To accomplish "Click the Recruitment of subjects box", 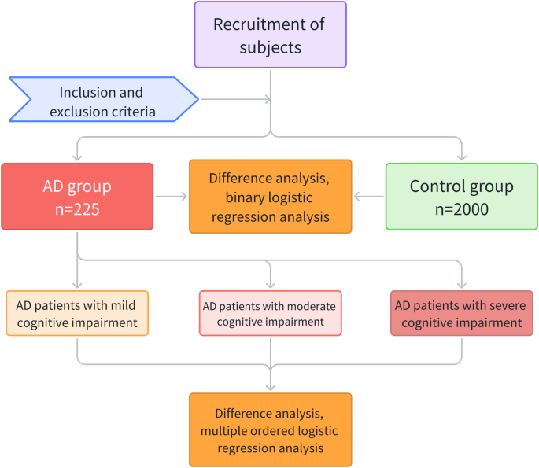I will coord(270,35).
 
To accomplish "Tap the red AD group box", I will coord(77,197).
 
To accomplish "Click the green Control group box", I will coord(461,197).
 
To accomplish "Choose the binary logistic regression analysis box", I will coord(270,197).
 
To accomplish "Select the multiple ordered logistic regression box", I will coord(270,429).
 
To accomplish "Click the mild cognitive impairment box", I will coord(77,313).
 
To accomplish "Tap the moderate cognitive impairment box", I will coord(270,313).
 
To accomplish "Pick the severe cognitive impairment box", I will coord(461,313).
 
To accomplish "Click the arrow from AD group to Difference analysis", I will coord(171,197).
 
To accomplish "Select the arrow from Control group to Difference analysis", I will coord(368,197).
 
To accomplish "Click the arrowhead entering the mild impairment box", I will coord(77,286).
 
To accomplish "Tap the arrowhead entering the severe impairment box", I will coord(461,286).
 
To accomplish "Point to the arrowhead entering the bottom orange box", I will coord(270,387).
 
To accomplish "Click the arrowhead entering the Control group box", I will coord(461,157).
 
